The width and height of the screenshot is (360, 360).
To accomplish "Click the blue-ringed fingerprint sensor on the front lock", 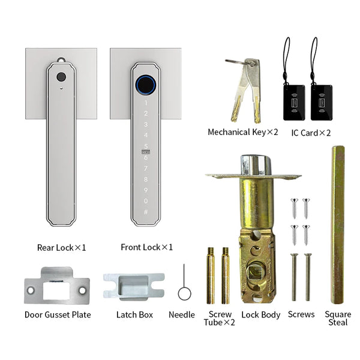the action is (146, 85).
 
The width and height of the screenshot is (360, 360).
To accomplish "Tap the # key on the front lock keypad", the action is (146, 212).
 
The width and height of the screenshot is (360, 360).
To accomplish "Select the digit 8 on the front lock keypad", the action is (146, 179).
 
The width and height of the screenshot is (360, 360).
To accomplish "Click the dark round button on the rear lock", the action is (61, 77).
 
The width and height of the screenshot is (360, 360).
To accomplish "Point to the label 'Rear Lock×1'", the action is (62, 248).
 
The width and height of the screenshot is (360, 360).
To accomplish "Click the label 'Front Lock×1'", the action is (147, 247).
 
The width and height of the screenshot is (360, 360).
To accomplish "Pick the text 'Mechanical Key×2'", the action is (243, 132).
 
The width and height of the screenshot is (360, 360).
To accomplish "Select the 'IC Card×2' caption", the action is (311, 133).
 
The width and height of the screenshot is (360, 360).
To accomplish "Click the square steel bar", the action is (338, 224).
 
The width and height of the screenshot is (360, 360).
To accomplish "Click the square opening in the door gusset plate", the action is (56, 290).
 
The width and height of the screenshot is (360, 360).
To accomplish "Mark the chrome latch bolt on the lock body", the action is (256, 165).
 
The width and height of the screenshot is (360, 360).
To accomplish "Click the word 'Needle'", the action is (182, 314).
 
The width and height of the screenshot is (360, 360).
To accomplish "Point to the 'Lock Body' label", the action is (261, 314).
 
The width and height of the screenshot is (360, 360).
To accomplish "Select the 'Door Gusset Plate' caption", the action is (58, 314).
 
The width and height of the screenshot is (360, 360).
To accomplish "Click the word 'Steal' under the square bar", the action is (338, 322).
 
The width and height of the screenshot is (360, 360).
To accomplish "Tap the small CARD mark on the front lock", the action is (146, 152).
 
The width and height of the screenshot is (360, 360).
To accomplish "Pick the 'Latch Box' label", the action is (134, 314).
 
